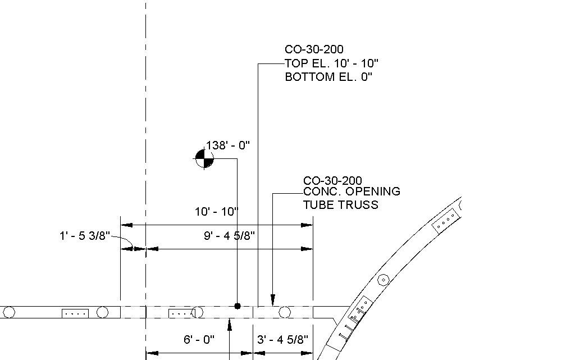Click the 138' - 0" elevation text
click(x=227, y=145)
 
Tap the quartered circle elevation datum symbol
click(x=204, y=158)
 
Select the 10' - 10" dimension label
click(x=217, y=212)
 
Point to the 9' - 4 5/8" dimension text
click(x=229, y=236)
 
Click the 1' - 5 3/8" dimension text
click(x=84, y=236)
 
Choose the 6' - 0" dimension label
click(x=199, y=339)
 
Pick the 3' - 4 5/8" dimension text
click(x=282, y=339)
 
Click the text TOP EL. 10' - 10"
click(x=331, y=63)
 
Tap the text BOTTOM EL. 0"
click(x=328, y=77)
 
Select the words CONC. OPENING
click(x=352, y=192)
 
